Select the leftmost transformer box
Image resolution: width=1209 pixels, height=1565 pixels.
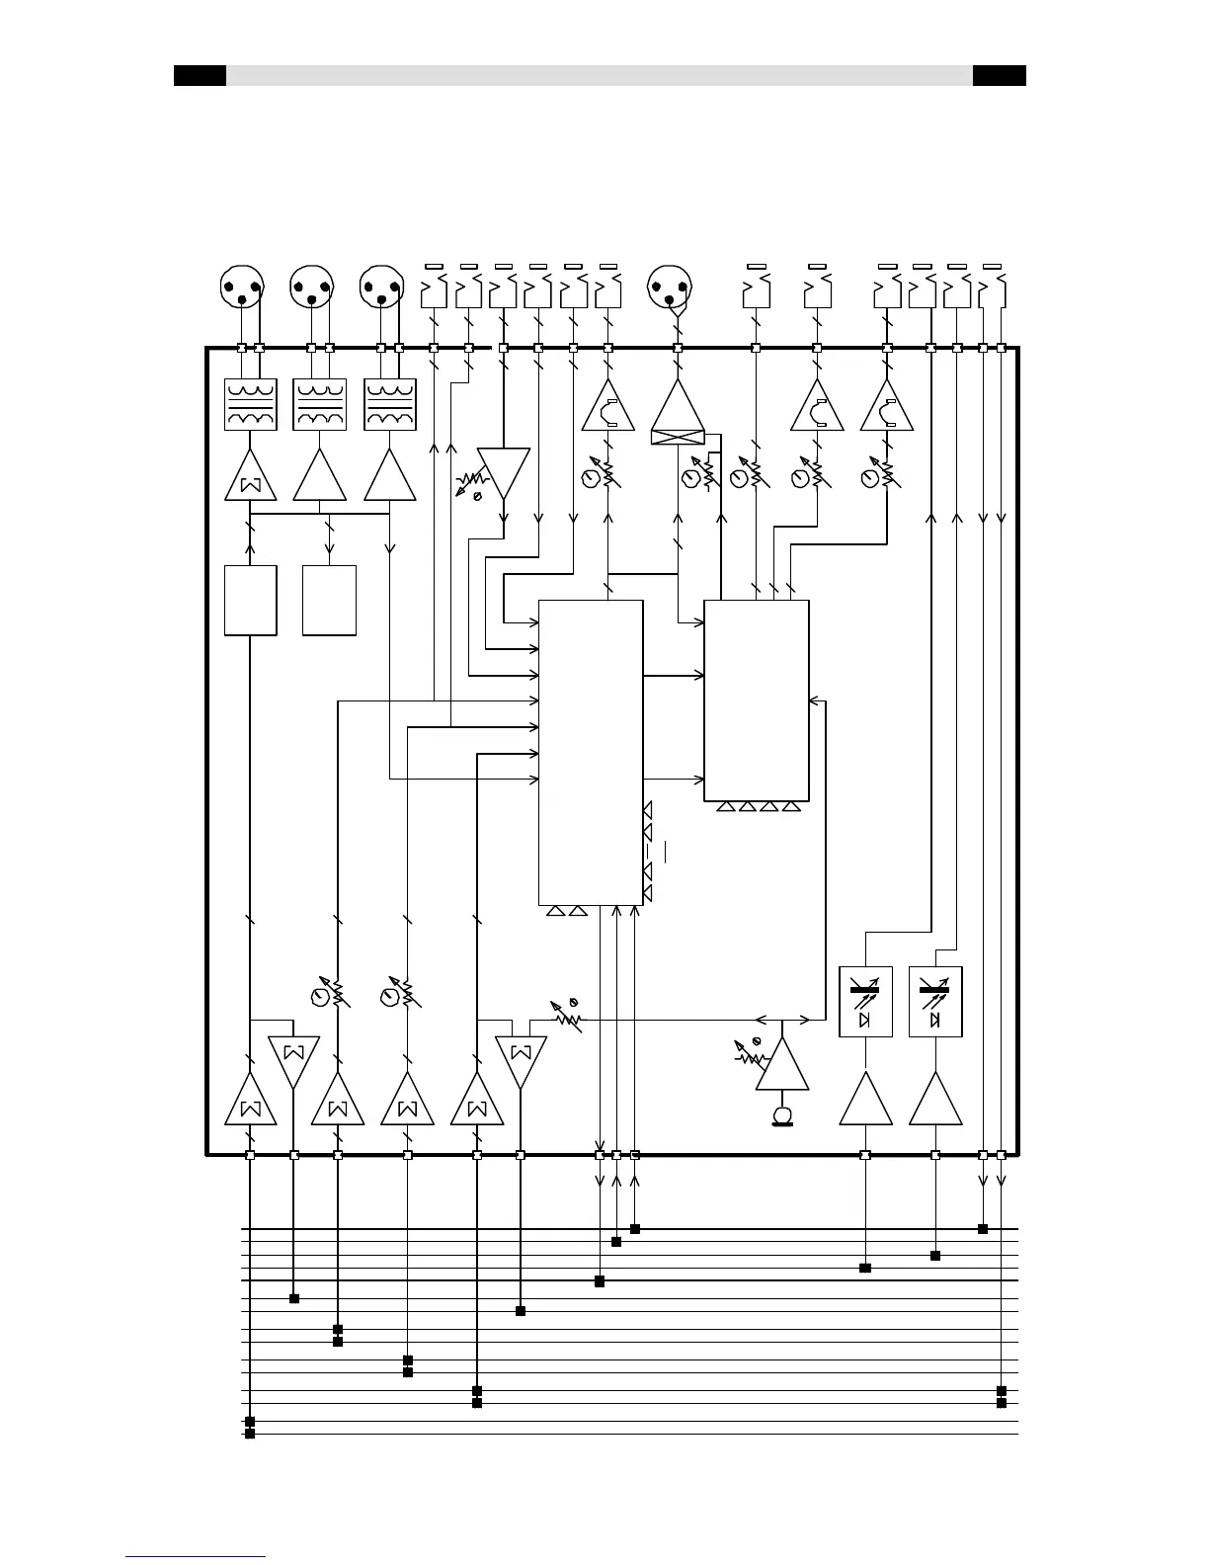pyautogui.click(x=251, y=405)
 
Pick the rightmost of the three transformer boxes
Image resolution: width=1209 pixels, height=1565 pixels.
pyautogui.click(x=391, y=405)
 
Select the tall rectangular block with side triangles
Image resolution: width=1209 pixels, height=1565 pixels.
pyautogui.click(x=591, y=752)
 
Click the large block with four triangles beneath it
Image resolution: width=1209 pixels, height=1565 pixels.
pyautogui.click(x=757, y=700)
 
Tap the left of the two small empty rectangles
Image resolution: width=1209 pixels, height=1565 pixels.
pyautogui.click(x=251, y=601)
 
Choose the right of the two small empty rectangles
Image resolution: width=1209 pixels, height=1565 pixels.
pyautogui.click(x=329, y=601)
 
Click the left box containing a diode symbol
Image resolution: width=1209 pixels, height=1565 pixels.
pyautogui.click(x=865, y=1002)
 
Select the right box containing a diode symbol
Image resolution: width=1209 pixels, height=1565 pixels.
pyautogui.click(x=935, y=1002)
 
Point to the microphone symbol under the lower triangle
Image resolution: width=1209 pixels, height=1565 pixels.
pyautogui.click(x=782, y=1115)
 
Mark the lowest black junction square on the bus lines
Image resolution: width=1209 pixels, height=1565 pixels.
pyautogui.click(x=250, y=1434)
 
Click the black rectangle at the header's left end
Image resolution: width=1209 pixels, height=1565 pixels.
pyautogui.click(x=200, y=76)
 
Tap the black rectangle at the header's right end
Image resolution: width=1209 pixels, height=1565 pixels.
pyautogui.click(x=999, y=76)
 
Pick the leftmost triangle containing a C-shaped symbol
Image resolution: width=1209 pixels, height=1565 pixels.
pyautogui.click(x=608, y=410)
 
